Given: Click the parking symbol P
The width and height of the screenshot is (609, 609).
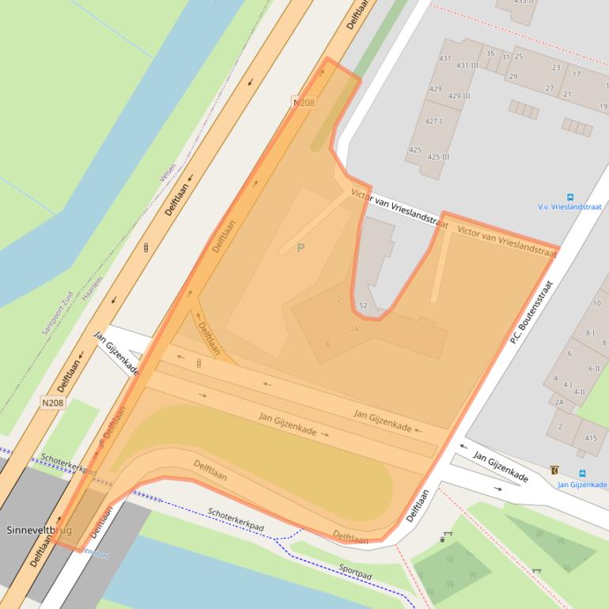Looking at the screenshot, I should (301, 248).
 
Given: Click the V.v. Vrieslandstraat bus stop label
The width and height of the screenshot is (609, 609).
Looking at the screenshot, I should (570, 206).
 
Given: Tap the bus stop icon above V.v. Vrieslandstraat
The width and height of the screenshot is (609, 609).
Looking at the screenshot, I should (569, 196).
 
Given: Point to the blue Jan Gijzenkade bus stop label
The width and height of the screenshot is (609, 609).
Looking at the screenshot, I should (582, 485).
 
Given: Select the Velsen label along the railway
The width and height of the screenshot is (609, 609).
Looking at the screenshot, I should (168, 173).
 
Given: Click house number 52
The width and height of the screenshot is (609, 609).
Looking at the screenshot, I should (363, 305).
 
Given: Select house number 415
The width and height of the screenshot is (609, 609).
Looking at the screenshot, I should (591, 438).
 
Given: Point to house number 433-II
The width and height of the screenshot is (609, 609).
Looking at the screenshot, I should (524, 2).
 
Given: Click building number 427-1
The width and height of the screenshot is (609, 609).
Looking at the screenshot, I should (434, 121).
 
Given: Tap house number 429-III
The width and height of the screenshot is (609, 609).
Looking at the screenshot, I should (459, 96).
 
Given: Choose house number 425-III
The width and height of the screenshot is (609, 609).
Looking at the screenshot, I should (439, 157).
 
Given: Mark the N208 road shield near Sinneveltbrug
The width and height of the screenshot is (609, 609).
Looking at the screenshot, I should (53, 403).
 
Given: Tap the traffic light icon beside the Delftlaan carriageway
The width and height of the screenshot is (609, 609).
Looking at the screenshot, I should (146, 248).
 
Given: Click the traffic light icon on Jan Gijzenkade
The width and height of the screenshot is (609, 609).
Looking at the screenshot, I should (199, 363).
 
